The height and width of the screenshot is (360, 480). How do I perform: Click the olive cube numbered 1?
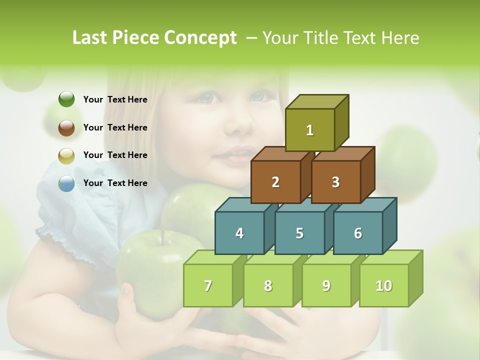310,130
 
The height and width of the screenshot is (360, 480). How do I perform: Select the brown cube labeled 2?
275,182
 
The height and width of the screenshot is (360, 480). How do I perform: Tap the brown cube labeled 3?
335,182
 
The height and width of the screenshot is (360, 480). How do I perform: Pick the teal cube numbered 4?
239,233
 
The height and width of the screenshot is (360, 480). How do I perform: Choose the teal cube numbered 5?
299,233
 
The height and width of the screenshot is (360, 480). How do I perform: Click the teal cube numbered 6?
358,233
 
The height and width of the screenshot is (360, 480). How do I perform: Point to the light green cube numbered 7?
208,285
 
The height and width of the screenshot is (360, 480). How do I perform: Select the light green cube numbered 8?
268,285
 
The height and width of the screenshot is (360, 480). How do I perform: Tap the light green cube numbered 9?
326,285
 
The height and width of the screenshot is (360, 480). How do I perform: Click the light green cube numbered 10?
384,285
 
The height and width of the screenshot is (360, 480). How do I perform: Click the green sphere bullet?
66,99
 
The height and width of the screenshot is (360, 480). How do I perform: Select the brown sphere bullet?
66,127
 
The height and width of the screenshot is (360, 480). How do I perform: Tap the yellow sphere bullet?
66,155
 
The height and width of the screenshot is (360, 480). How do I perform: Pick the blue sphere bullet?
66,183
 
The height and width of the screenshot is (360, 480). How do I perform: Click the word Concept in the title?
200,38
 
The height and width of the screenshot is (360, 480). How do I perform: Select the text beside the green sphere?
115,99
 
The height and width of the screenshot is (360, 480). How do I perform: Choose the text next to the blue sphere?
115,183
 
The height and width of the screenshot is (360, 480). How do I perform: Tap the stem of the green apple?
162,237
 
